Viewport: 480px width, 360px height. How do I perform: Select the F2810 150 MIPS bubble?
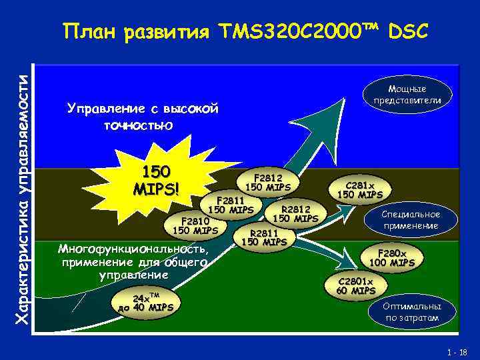[195, 225]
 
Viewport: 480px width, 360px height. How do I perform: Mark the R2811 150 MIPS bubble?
[263, 237]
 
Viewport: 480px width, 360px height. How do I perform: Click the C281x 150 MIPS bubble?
[360, 189]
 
